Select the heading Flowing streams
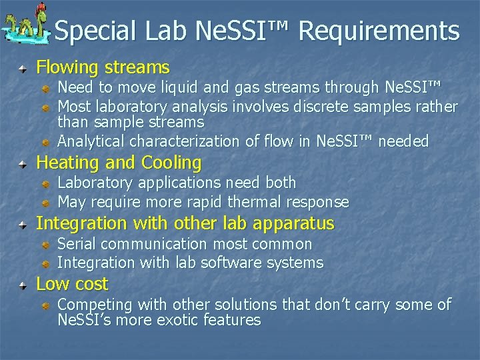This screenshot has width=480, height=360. [x=103, y=67]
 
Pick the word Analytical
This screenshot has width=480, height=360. [x=91, y=141]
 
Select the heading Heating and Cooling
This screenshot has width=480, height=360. [x=118, y=163]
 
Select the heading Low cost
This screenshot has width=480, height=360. [x=71, y=284]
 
